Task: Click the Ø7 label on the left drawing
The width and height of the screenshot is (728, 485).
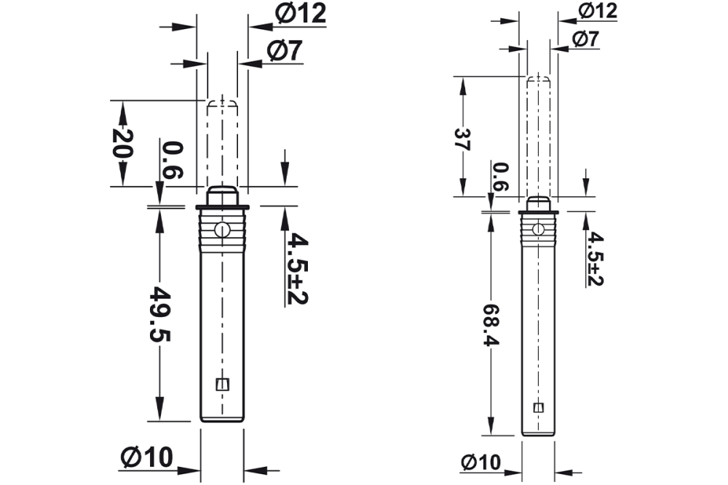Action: tap(285, 50)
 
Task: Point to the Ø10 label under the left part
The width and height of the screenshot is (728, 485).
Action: tap(148, 457)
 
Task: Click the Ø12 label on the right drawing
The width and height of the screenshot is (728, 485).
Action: tap(598, 10)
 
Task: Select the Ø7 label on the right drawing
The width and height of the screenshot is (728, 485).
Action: tap(585, 39)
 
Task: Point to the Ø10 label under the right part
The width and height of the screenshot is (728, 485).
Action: tap(480, 462)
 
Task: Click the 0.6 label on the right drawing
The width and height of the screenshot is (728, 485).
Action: tap(500, 177)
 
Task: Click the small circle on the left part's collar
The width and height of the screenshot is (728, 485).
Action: tap(222, 231)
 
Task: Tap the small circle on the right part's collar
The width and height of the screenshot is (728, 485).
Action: tap(538, 229)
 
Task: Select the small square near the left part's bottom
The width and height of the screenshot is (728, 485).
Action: tap(223, 384)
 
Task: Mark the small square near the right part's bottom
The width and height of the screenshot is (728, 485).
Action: tap(539, 407)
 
